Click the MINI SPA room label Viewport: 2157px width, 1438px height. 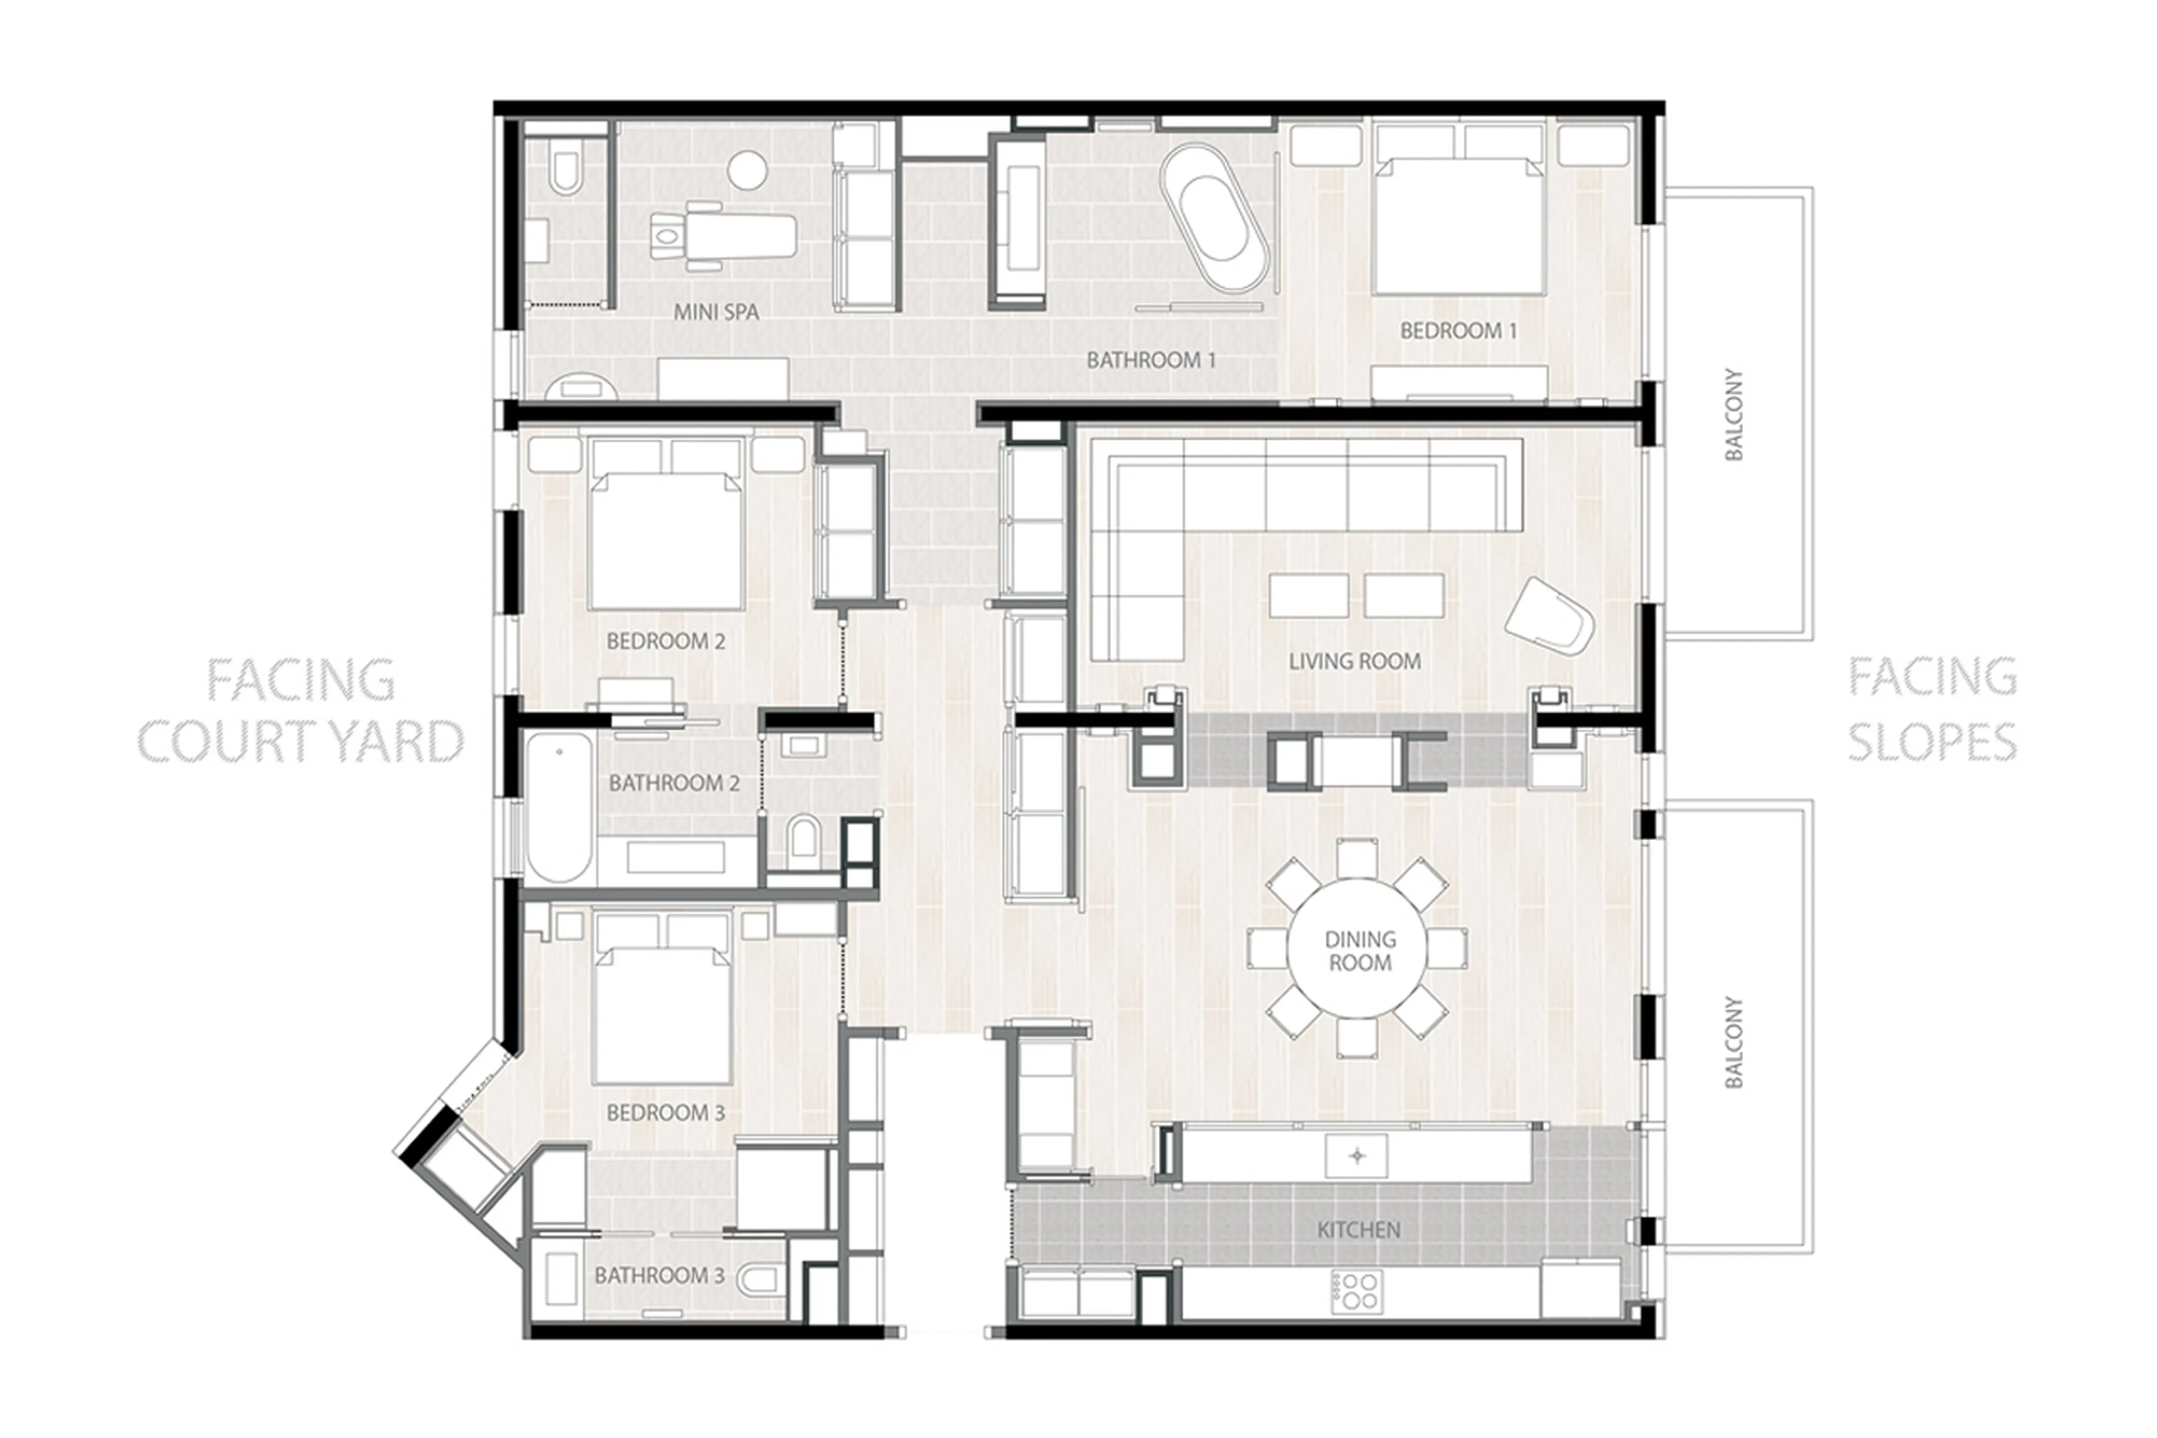716,312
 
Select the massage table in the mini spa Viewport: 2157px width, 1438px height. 724,237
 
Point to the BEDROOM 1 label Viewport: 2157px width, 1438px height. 1458,331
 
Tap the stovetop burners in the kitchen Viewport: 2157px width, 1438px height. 1355,1290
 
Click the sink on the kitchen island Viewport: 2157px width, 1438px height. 1357,1156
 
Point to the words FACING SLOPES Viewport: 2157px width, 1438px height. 1932,709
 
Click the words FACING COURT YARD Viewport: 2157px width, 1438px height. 300,711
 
